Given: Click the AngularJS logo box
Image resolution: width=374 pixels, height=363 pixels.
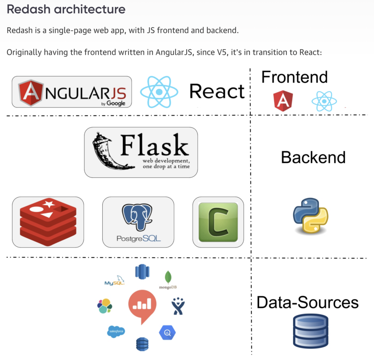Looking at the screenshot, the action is (72, 92).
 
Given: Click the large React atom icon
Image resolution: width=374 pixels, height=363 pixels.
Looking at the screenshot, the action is (159, 92).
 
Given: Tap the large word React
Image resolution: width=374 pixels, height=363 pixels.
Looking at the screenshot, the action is (217, 91).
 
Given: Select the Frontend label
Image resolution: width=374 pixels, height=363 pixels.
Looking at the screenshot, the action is (295, 77).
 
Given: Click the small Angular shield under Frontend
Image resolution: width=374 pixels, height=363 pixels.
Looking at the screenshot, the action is (283, 101).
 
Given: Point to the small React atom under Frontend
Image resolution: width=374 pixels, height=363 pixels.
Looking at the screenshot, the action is (324, 101).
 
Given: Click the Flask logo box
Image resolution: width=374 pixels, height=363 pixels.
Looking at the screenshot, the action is (141, 152).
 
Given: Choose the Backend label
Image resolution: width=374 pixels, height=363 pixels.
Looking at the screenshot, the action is (313, 157).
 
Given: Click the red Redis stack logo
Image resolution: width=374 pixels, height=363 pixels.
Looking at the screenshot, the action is (48, 222).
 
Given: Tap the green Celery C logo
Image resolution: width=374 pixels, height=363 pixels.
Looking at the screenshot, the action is (218, 222).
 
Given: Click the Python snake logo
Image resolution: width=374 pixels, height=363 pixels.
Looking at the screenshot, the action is (310, 216).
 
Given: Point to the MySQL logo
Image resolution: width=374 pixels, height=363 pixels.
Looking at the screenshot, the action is (114, 280).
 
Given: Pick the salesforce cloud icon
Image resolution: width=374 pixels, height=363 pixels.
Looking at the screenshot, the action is (116, 332).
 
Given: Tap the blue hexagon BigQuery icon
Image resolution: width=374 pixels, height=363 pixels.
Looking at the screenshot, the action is (167, 332).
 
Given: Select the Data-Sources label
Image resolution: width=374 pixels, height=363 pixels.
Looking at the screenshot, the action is (308, 302).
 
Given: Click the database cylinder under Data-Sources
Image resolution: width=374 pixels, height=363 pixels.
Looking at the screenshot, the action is (310, 331).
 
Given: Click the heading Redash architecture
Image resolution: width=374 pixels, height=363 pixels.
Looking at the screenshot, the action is (66, 9).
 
